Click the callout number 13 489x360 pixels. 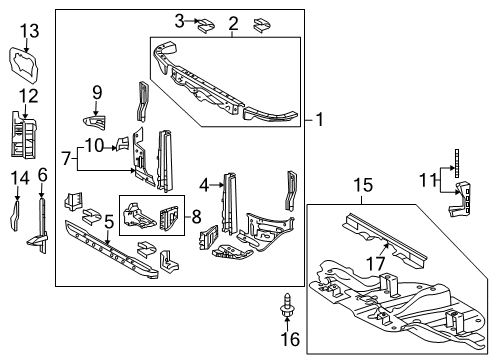pos(30,31)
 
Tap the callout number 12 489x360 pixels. pos(30,96)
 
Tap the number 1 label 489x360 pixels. pos(319,120)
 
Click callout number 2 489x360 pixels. pos(233,24)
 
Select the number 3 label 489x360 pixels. pos(180,21)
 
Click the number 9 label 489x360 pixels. pos(97,93)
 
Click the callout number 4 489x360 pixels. pos(204,183)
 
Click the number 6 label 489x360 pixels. pos(42,176)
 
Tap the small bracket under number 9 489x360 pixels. pos(96,122)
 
